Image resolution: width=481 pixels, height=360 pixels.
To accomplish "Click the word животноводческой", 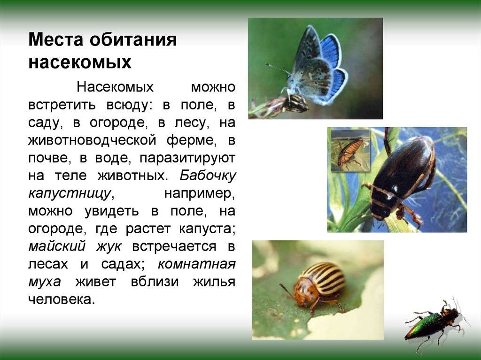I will pyautogui.click(x=92, y=141).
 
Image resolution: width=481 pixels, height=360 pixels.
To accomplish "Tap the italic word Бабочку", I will pyautogui.click(x=208, y=176).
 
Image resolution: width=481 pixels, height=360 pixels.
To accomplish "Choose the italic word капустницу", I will pyautogui.click(x=71, y=193).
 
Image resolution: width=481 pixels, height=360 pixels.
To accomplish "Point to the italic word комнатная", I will pyautogui.click(x=196, y=264).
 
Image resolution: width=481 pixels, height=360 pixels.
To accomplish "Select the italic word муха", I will pyautogui.click(x=45, y=282).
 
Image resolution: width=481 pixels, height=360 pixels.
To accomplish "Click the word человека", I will pyautogui.click(x=62, y=299).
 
